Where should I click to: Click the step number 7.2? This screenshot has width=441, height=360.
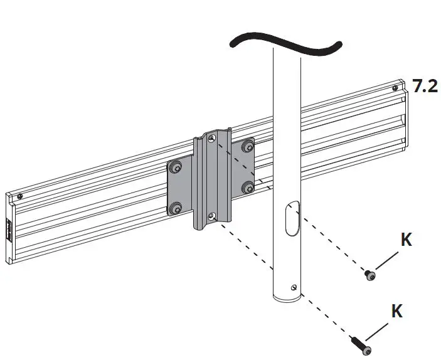pyautogui.click(x=425, y=86)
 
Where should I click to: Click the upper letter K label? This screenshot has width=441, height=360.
pyautogui.click(x=406, y=240)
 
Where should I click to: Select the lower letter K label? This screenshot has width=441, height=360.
pyautogui.click(x=396, y=311)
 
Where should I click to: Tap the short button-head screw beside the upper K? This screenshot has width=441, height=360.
pyautogui.click(x=370, y=275)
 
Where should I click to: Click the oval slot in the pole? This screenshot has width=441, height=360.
pyautogui.click(x=292, y=218)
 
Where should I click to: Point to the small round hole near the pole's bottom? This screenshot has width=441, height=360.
pyautogui.click(x=294, y=287)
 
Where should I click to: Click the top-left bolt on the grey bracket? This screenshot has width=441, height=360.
pyautogui.click(x=176, y=167)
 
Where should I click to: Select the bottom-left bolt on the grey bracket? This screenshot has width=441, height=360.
pyautogui.click(x=176, y=209)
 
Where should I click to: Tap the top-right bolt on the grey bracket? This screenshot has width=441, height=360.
pyautogui.click(x=248, y=146)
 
